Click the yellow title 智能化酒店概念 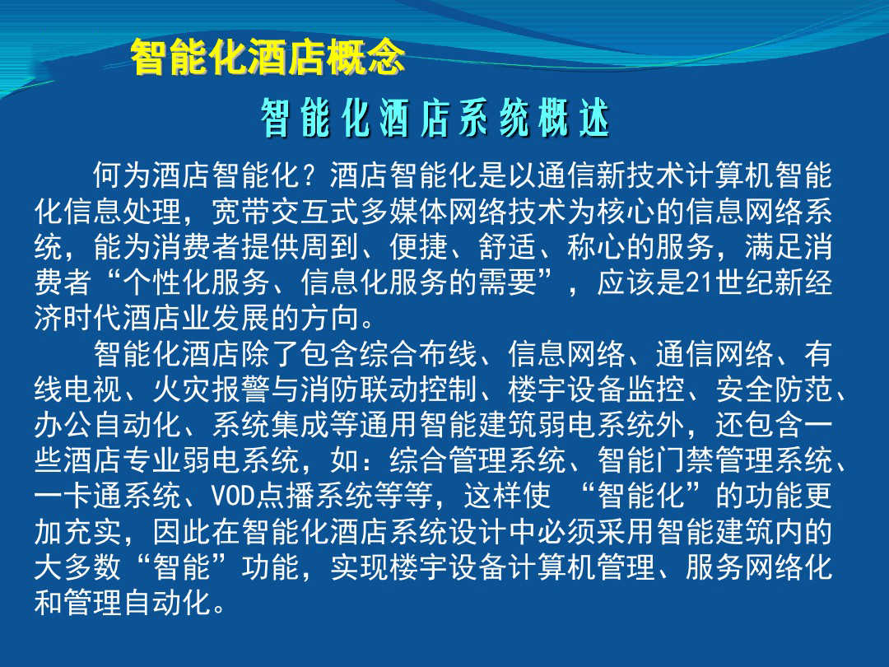pos(268,58)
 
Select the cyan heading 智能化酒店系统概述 pos(435,118)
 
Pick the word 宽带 pos(241,211)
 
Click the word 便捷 pos(418,247)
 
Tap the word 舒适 pos(507,247)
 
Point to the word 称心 pos(596,247)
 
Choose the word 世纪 pos(744,282)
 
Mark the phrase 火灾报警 pos(212,389)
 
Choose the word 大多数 pos(78,567)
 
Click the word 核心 pos(626,211)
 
